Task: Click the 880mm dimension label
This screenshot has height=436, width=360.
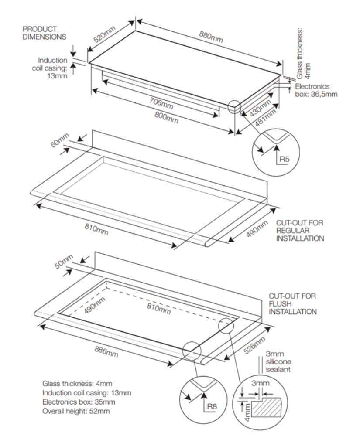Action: click(x=211, y=37)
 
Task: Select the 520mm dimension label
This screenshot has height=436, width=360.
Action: click(x=104, y=34)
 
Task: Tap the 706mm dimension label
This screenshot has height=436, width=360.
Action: click(x=161, y=104)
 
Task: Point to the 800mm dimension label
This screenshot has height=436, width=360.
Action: click(x=166, y=118)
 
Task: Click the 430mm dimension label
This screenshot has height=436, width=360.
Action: click(x=260, y=108)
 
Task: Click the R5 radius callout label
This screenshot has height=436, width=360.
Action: click(x=285, y=159)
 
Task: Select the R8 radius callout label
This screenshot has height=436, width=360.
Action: click(x=212, y=406)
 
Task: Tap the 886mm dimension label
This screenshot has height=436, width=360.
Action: click(x=106, y=352)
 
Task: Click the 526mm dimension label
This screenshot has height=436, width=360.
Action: click(x=254, y=345)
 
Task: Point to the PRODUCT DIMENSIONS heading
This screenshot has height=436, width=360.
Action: click(x=45, y=33)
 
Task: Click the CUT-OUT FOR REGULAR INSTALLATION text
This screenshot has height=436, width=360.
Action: click(x=300, y=231)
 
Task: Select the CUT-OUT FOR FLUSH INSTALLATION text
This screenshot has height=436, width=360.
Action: click(x=293, y=304)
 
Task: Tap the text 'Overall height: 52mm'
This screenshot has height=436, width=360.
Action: click(x=76, y=411)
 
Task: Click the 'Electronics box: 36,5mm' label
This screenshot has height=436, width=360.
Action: click(x=316, y=90)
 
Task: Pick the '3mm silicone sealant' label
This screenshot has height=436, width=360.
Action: click(x=278, y=361)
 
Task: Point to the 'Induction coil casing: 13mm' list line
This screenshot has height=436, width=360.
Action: click(x=86, y=393)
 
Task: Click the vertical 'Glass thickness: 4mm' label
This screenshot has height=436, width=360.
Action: click(x=303, y=53)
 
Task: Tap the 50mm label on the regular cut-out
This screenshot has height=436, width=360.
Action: click(x=59, y=140)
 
